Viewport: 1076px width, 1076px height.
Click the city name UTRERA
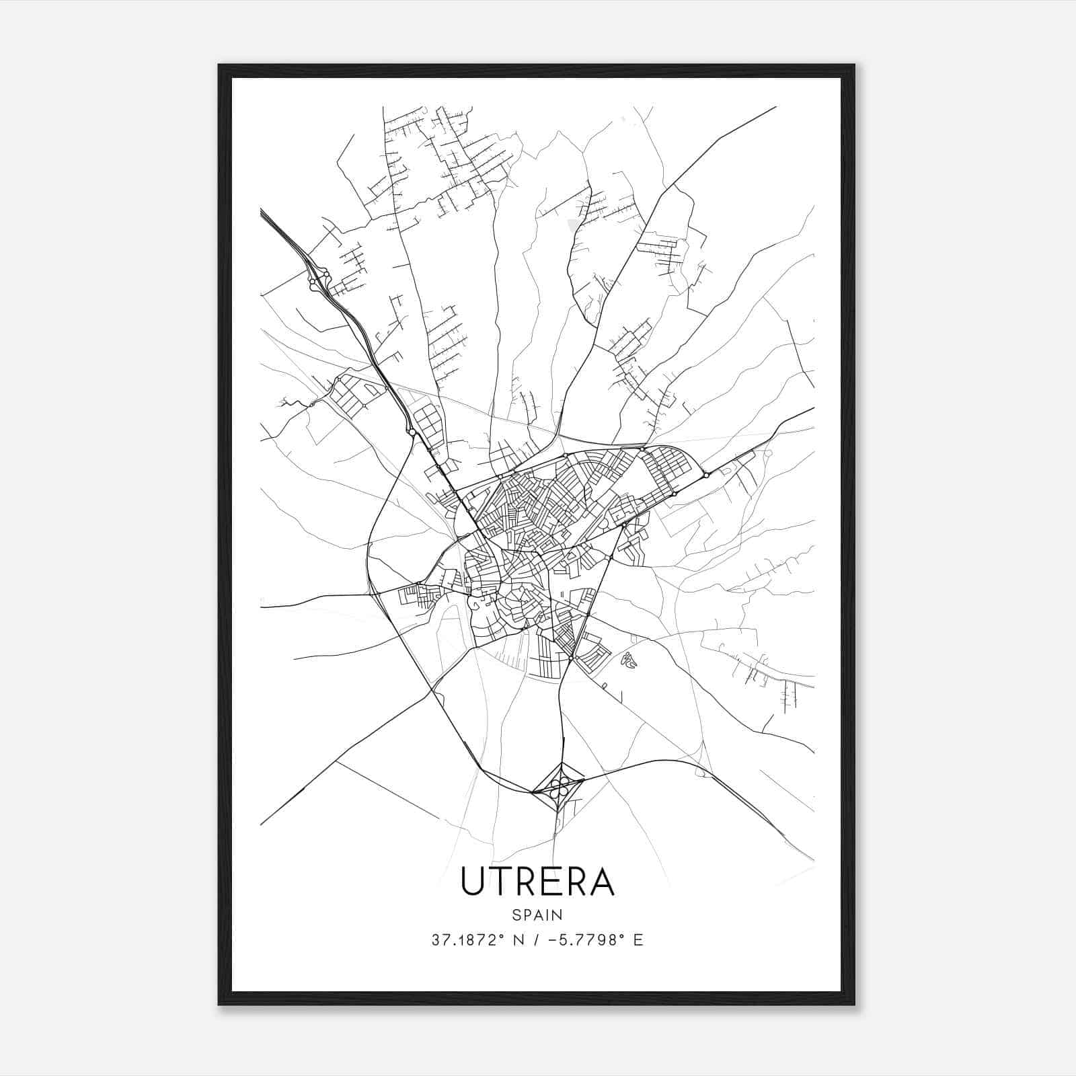tap(537, 882)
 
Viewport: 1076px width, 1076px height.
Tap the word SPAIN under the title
tap(537, 915)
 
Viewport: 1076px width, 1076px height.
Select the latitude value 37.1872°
tap(467, 940)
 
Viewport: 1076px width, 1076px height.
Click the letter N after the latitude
tap(518, 940)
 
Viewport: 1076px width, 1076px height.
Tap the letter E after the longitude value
tap(638, 940)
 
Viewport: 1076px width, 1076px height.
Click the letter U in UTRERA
tap(472, 882)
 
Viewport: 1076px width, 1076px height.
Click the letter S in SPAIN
tap(515, 915)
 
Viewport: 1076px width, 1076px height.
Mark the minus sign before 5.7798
tap(552, 940)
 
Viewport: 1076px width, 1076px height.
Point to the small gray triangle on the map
tap(573, 225)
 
